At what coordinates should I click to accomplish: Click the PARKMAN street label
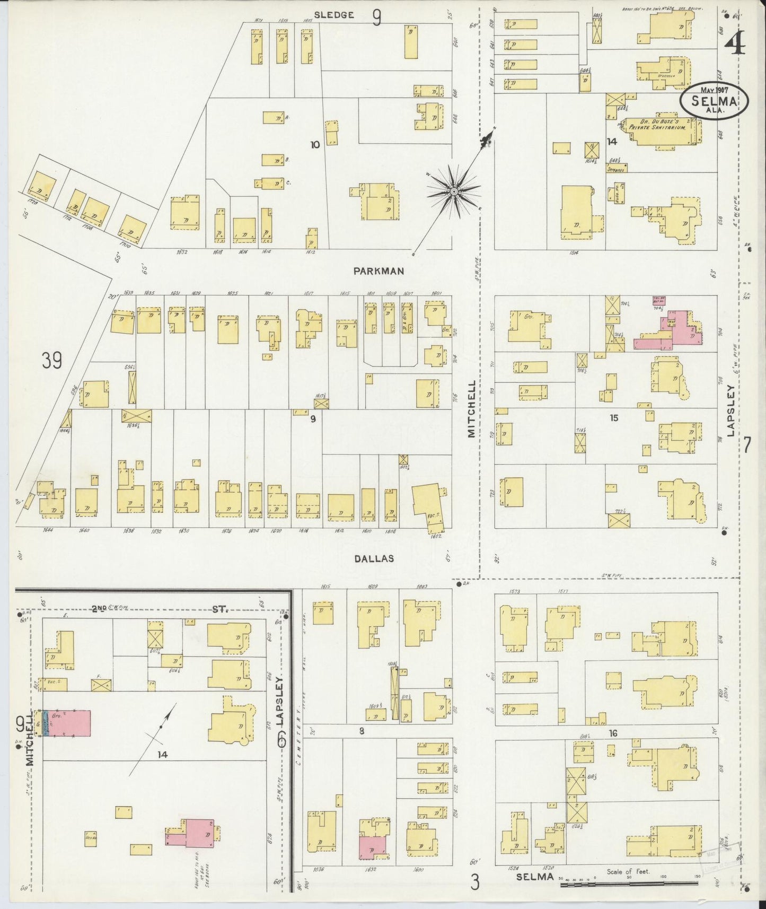coord(378,271)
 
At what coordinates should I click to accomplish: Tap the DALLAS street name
coord(374,558)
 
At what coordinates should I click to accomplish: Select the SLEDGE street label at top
coord(333,15)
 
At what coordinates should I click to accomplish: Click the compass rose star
coord(454,191)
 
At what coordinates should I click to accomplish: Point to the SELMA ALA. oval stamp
coord(715,101)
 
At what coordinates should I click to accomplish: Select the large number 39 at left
coord(52,361)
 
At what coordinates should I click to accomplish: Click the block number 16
coord(613,733)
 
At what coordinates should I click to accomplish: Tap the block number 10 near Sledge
coord(315,144)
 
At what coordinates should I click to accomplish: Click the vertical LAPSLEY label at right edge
coord(730,411)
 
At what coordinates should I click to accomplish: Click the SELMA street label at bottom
coord(534,877)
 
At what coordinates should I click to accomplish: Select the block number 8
coord(361,731)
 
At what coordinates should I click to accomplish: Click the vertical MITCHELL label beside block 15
coord(471,408)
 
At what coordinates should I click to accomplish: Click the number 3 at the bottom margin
coord(475,882)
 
